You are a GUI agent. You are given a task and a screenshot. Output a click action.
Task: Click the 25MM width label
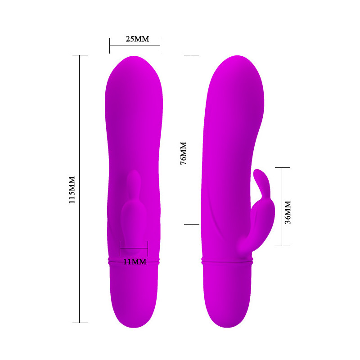(x=137, y=39)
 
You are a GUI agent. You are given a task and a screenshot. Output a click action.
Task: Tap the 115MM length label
(x=72, y=189)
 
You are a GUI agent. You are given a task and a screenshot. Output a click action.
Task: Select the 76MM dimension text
(x=184, y=153)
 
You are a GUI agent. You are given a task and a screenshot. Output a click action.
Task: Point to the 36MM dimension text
(x=288, y=212)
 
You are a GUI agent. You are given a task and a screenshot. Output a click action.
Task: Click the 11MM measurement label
(x=135, y=262)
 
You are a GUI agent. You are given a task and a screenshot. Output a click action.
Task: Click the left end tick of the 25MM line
(x=109, y=46)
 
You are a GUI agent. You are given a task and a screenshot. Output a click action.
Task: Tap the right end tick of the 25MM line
(x=160, y=46)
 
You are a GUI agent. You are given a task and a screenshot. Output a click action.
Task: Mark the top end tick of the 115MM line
(x=80, y=55)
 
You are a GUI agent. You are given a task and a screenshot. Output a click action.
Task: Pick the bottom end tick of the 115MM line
(x=80, y=323)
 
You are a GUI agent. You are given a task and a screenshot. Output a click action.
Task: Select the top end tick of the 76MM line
(x=192, y=55)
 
